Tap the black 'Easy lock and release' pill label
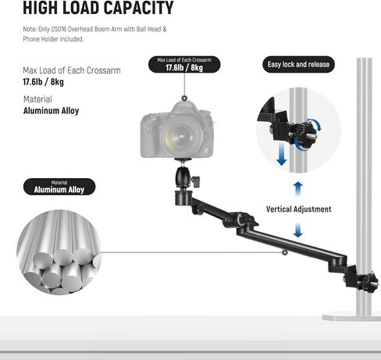coord(298,64)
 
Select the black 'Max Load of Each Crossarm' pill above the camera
coord(184,64)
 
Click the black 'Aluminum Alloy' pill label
coord(59,187)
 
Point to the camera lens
coord(181,135)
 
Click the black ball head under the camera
coord(183,177)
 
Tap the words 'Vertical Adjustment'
coord(298,209)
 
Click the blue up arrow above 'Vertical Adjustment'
coord(298,189)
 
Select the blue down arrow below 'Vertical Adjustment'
coord(298,230)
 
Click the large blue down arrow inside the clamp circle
coord(282,153)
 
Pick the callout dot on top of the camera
coord(184,98)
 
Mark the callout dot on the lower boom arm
coord(285,252)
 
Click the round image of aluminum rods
coord(59,252)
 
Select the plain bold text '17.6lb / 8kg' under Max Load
coord(43,82)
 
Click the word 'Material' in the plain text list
coord(37,99)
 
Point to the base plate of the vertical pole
coord(351,316)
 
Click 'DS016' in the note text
coord(59,29)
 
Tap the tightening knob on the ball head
coord(196,180)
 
